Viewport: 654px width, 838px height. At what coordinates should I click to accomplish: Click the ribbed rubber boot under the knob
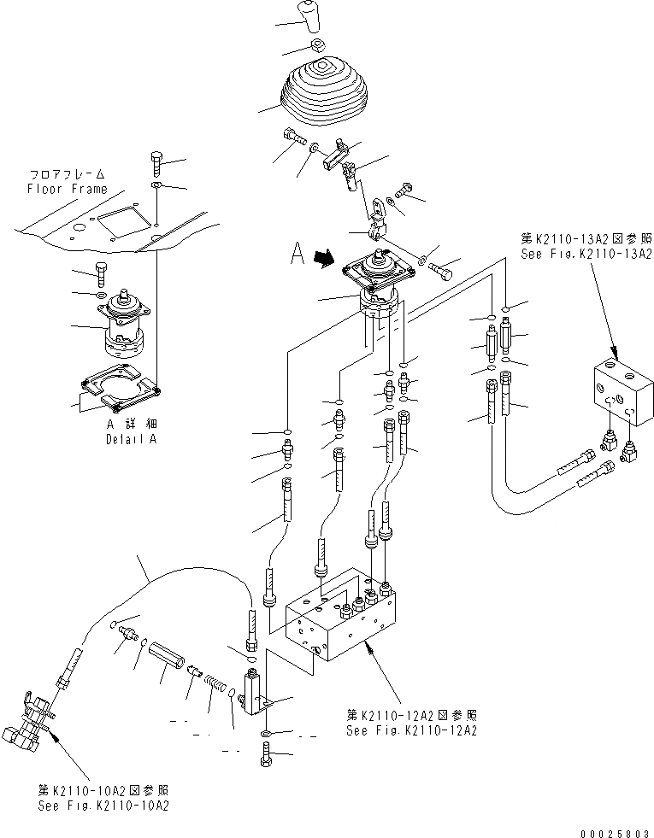(x=320, y=92)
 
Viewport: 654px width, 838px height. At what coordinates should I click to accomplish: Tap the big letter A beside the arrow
(x=298, y=253)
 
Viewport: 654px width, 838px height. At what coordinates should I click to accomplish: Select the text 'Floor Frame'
(x=68, y=189)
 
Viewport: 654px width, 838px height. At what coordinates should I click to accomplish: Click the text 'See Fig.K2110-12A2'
(x=411, y=730)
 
